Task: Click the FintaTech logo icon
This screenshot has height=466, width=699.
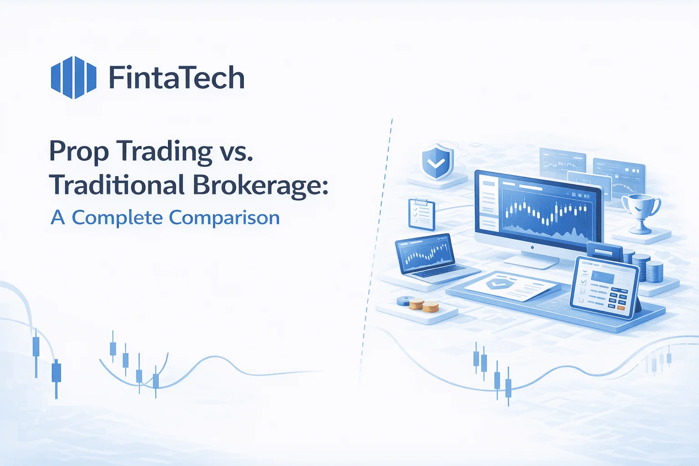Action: [73, 77]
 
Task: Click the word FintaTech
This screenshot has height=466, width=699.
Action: [177, 78]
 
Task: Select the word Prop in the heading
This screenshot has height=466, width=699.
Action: [78, 152]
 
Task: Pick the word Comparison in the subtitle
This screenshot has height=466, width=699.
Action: [224, 218]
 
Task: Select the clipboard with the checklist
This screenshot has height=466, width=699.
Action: [421, 214]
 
